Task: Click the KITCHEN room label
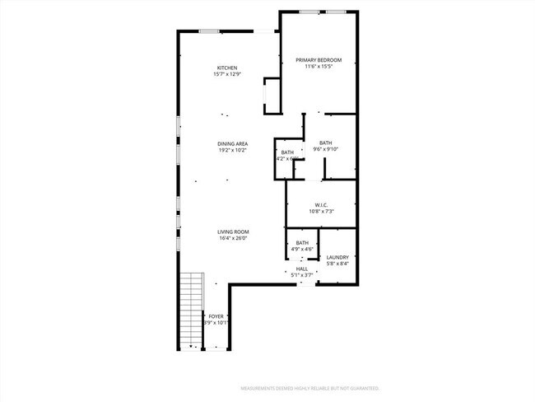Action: coord(227,68)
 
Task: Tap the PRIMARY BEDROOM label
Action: coord(319,60)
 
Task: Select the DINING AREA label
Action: coord(233,143)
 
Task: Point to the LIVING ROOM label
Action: coord(233,231)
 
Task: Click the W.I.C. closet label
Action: coord(322,204)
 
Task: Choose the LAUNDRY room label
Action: coord(337,257)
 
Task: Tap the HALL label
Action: coord(302,269)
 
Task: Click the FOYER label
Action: coord(216,316)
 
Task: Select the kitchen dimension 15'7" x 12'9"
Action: coord(227,75)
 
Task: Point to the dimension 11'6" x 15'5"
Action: coord(319,68)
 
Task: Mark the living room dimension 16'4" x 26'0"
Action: coord(233,239)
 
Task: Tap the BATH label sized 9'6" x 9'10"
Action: coord(326,143)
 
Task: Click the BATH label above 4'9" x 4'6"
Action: coord(302,242)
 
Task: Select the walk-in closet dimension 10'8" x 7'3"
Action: coord(322,212)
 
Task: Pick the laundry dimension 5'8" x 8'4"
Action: coord(337,264)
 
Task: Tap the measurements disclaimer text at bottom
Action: coord(309,387)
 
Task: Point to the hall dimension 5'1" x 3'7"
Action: coord(302,275)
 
